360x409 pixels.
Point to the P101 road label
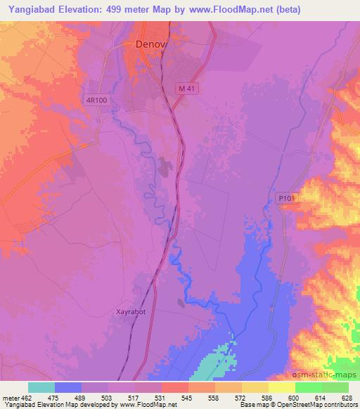pos(283,199)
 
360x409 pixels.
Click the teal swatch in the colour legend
pos(41,387)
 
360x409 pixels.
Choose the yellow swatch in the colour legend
pos(281,387)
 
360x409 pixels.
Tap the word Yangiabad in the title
pos(29,9)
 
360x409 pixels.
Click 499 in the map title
pos(128,9)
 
